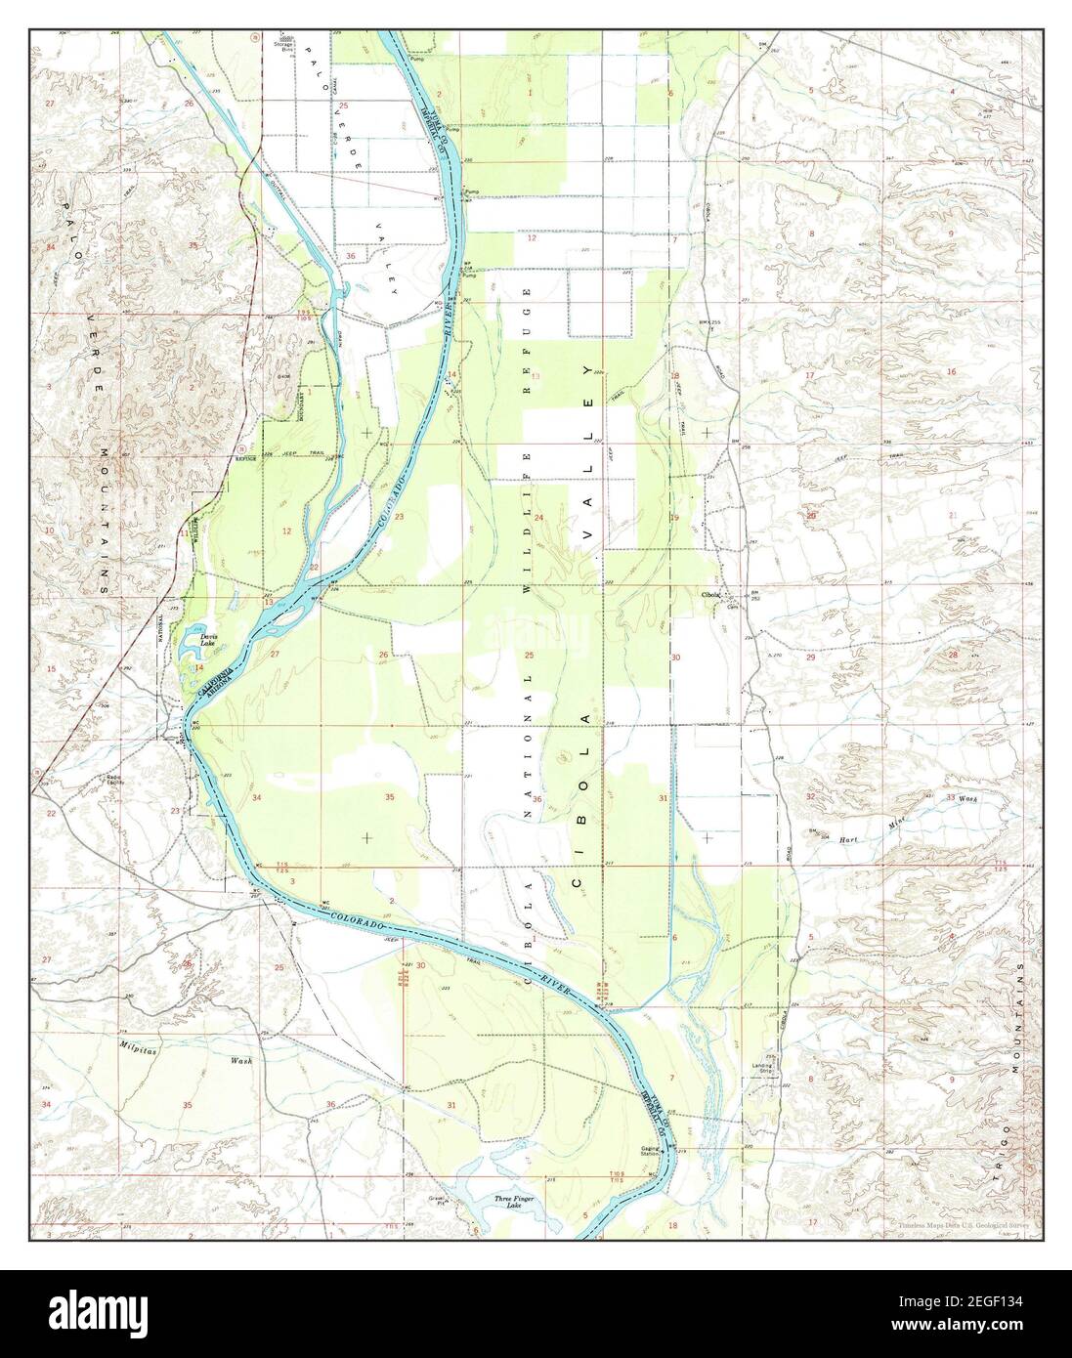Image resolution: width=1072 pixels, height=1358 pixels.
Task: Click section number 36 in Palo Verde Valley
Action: [350, 256]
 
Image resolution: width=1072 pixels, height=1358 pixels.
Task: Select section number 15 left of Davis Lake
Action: [50, 668]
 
